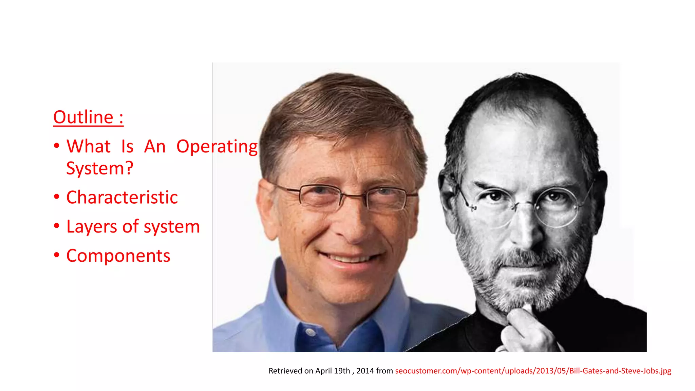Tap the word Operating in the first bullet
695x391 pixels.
point(217,147)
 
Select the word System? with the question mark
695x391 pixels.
point(100,168)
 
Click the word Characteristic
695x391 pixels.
point(122,198)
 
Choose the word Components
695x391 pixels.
point(118,256)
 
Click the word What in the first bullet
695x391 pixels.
point(88,147)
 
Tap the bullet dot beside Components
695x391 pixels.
point(57,255)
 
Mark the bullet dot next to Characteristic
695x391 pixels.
point(57,197)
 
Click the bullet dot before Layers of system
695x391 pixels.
point(57,226)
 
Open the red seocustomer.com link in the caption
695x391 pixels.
point(533,371)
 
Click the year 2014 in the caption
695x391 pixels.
point(365,371)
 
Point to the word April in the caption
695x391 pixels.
point(323,371)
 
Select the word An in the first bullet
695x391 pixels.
point(155,147)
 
